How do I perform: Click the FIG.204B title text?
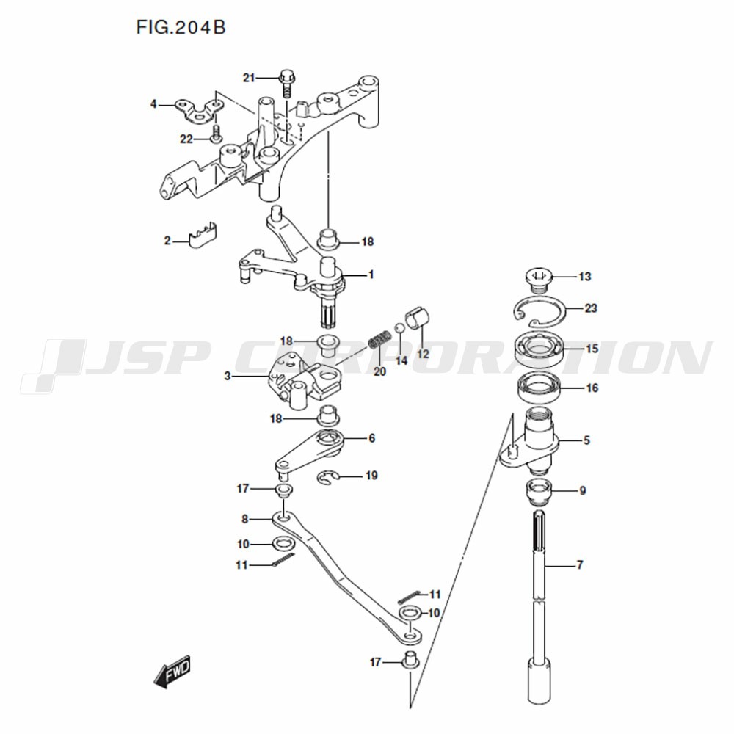point(181,27)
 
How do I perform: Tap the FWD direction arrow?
point(172,672)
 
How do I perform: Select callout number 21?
point(249,78)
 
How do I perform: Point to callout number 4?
point(153,104)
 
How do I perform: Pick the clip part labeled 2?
point(203,235)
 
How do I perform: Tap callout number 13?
point(585,277)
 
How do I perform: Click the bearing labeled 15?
point(539,349)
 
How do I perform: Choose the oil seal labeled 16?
point(539,388)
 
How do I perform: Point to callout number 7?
point(580,565)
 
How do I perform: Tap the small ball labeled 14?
point(400,327)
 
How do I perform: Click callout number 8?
point(245,519)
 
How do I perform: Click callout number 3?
point(228,376)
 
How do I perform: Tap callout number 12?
point(423,354)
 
